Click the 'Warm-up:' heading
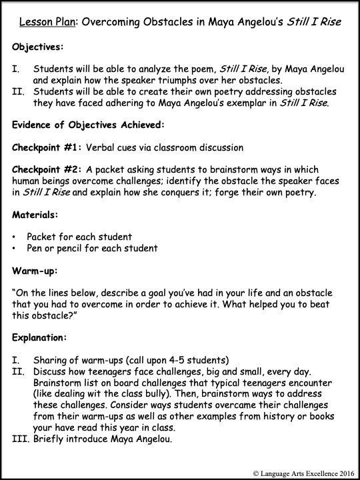35,271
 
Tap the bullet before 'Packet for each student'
15,236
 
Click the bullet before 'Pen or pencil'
15,248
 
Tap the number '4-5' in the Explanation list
177,359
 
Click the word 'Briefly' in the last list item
51,439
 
